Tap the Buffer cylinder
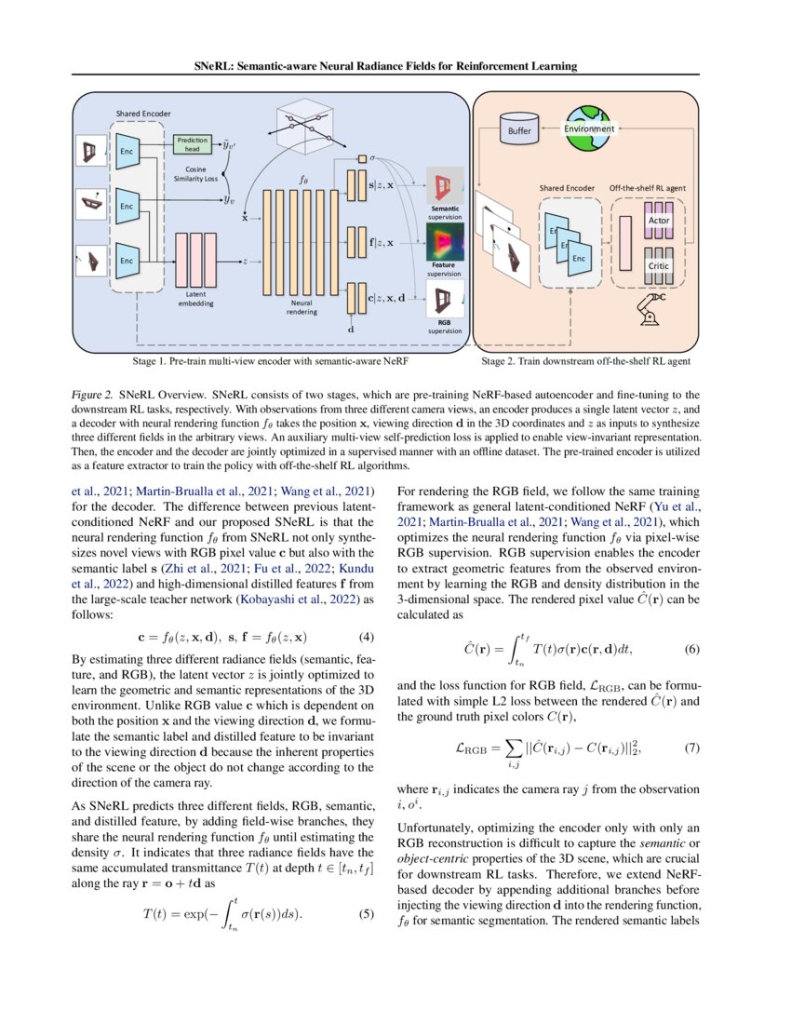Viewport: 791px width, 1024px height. (519, 130)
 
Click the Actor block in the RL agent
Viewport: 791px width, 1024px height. (658, 220)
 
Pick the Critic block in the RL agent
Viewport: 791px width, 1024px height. (658, 265)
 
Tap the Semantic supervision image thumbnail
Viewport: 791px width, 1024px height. (444, 186)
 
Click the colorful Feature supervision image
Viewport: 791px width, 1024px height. (445, 240)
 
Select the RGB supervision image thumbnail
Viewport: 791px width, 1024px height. (444, 298)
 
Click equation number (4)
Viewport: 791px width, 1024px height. (368, 638)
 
